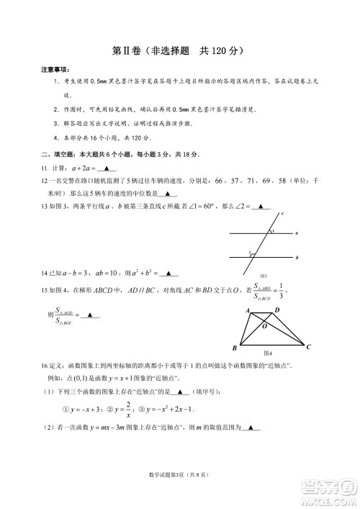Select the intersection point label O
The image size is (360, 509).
click(265, 326)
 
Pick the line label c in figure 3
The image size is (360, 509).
click(283, 214)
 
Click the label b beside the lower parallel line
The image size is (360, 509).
click(297, 257)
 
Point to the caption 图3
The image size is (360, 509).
click(264, 276)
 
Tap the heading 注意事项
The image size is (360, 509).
click(55, 69)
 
